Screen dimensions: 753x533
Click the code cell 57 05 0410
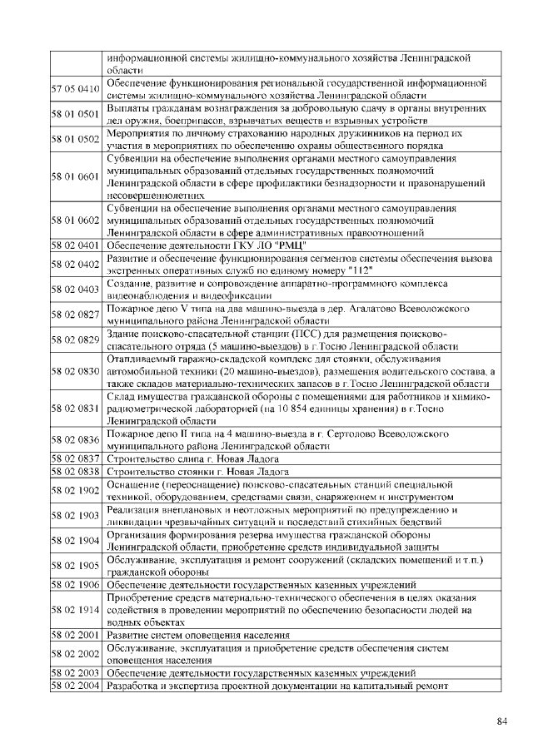tap(76, 89)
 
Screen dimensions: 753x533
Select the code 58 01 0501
tap(76, 114)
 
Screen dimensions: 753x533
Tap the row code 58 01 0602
tap(76, 220)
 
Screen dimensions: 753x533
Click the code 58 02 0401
tap(76, 245)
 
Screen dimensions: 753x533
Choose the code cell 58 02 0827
tap(76, 314)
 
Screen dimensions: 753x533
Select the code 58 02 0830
tap(76, 371)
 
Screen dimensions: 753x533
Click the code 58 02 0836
tap(76, 440)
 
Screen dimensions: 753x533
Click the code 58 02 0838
tap(76, 471)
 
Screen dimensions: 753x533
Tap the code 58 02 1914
tap(76, 610)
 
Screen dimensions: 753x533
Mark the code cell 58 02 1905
tap(76, 565)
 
